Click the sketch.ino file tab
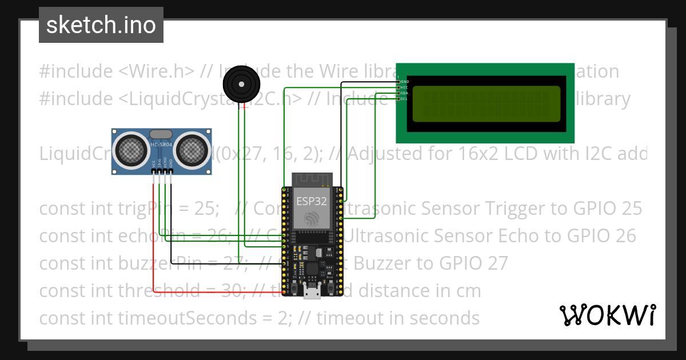point(101,25)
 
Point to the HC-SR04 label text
point(162,145)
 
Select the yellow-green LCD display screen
point(486,103)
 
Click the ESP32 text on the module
point(312,201)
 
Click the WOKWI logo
point(608,315)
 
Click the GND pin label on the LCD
point(405,82)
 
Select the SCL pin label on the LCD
point(404,98)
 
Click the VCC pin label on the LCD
point(404,87)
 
